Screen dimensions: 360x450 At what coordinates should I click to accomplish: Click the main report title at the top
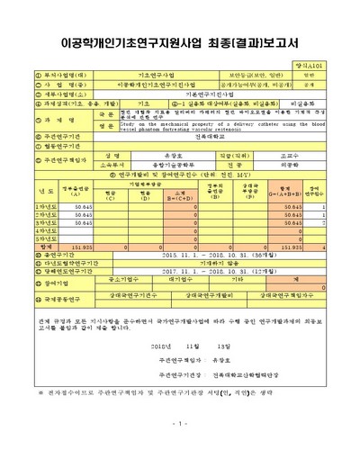click(180, 42)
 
